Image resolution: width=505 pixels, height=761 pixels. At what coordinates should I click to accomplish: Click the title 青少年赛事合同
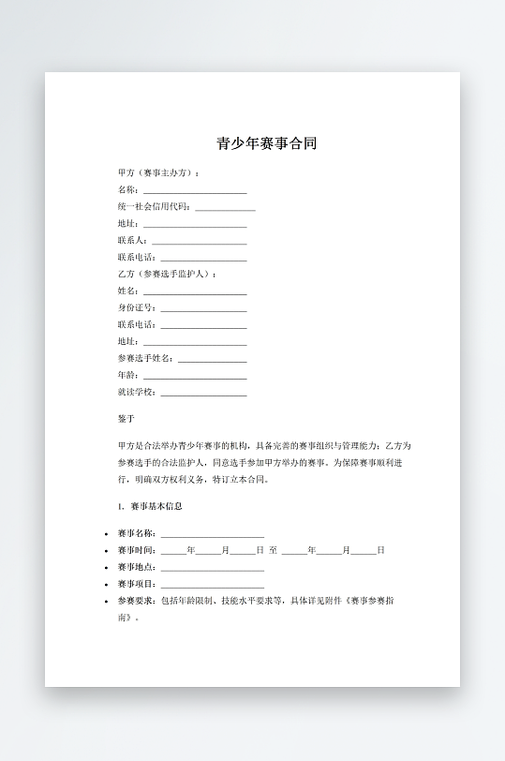tap(267, 144)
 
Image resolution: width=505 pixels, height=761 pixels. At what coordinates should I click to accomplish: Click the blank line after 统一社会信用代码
tap(225, 207)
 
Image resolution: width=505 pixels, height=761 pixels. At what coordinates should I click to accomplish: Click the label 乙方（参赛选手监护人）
tap(165, 274)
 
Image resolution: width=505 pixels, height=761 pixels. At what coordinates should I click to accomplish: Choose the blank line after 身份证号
tap(203, 308)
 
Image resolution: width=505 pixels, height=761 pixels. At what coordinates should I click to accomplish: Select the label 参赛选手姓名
tap(145, 358)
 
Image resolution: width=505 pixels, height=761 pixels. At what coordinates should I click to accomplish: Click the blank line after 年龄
tap(195, 376)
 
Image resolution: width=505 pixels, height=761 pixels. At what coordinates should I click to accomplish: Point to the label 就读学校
tap(137, 392)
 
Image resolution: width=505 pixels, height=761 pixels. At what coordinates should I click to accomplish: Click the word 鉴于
tap(126, 419)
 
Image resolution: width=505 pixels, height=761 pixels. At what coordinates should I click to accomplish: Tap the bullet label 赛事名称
tap(137, 533)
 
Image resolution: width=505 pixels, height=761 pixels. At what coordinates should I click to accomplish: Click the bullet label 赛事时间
tap(137, 550)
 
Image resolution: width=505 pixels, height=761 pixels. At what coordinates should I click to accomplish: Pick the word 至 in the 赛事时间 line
tap(273, 550)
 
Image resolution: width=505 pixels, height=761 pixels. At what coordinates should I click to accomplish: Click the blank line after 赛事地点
tap(212, 568)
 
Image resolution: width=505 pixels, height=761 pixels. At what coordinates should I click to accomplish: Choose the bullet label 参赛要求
tap(137, 601)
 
